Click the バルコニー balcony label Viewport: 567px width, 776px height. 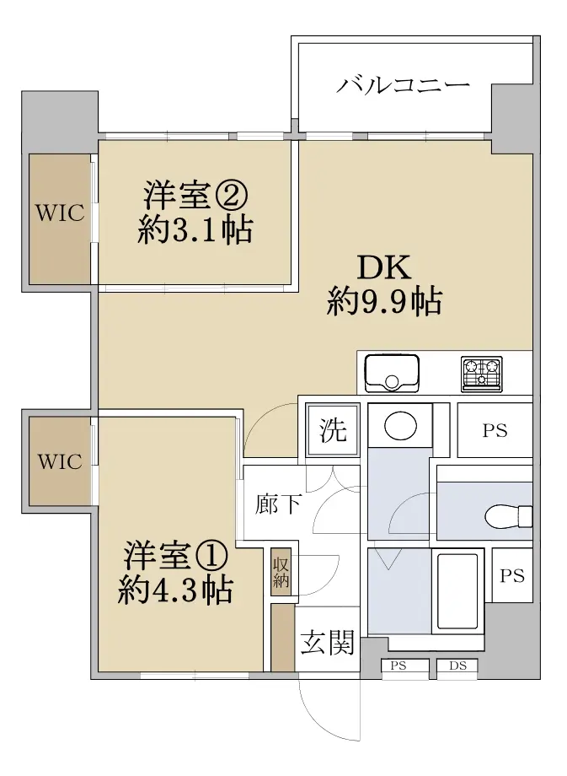click(x=403, y=85)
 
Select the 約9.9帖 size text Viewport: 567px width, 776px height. click(x=384, y=302)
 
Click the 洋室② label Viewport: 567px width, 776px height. click(x=195, y=196)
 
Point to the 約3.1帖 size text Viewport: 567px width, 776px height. click(x=195, y=229)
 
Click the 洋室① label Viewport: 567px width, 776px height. click(x=175, y=555)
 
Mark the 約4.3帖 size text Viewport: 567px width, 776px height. click(x=175, y=590)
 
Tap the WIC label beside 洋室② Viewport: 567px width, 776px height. click(x=60, y=213)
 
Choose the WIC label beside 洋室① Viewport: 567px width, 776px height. click(x=60, y=461)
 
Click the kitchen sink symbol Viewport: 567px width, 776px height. click(x=392, y=373)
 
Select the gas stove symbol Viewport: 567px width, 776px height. click(x=481, y=374)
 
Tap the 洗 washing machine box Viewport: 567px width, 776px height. click(x=332, y=429)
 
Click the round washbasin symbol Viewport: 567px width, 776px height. click(x=400, y=425)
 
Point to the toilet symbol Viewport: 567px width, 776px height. click(x=508, y=517)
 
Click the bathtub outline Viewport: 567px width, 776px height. click(x=457, y=591)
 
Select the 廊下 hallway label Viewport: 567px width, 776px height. click(x=278, y=504)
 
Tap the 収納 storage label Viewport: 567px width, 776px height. click(x=281, y=572)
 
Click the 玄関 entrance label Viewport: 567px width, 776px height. click(x=327, y=642)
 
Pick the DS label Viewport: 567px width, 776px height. click(x=457, y=666)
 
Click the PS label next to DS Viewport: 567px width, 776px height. click(x=398, y=666)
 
